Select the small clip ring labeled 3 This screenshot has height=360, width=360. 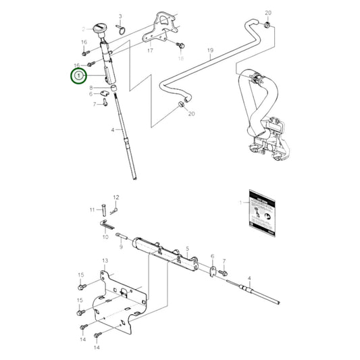pos(120,28)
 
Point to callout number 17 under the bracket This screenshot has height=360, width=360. pos(149,51)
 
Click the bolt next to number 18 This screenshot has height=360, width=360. pos(180,45)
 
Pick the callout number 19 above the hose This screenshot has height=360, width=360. pos(210,51)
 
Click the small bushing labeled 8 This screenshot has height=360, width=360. pos(114,87)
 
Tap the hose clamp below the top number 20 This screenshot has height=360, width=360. pos(269,26)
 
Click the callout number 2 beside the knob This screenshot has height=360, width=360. pos(85,28)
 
